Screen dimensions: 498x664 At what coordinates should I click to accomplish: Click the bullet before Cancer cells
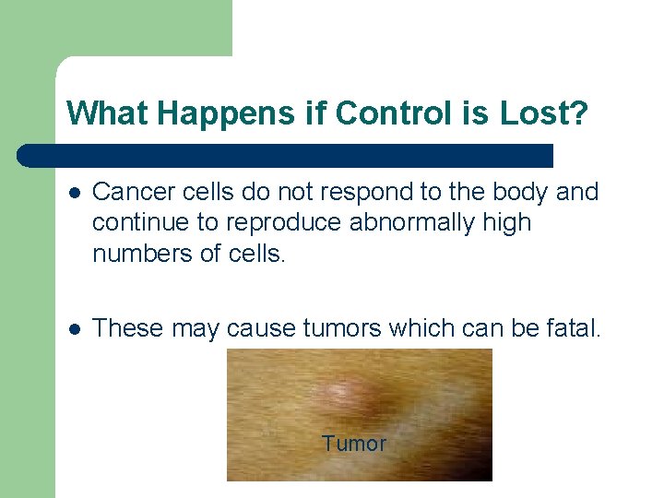[74, 192]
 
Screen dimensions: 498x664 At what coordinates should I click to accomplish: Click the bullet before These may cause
[74, 327]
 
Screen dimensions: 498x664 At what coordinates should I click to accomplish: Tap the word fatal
[571, 327]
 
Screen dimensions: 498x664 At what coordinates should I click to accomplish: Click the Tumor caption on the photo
[354, 444]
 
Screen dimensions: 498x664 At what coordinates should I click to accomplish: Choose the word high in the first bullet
[507, 223]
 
